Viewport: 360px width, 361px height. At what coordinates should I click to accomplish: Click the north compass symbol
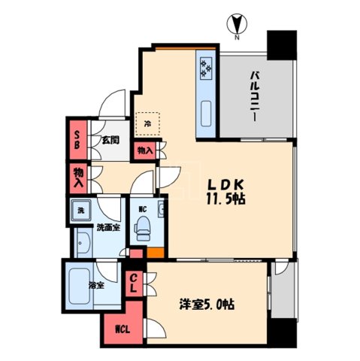(x=234, y=25)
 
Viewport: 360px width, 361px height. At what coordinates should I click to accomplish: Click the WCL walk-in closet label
(x=121, y=329)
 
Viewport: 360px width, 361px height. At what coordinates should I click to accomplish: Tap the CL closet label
(x=134, y=284)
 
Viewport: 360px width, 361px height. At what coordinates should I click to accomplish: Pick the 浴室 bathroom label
(x=95, y=285)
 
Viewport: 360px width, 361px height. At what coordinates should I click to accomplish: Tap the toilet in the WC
(x=141, y=226)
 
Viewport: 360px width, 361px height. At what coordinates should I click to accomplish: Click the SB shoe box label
(x=77, y=139)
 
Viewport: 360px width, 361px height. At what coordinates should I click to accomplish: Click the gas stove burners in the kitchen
(x=205, y=70)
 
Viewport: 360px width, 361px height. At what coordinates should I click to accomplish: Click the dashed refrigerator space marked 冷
(x=147, y=123)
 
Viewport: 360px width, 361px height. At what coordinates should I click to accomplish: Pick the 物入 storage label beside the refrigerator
(x=146, y=150)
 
